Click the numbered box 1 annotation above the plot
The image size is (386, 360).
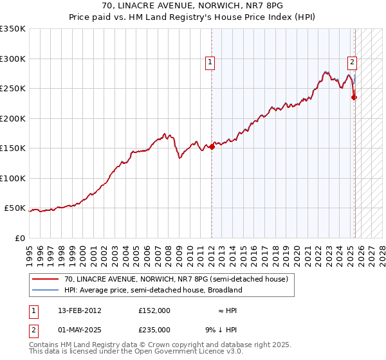210,62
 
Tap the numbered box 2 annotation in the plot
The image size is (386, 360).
353,62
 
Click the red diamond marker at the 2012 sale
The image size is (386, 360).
212,147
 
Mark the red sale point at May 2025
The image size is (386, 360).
354,98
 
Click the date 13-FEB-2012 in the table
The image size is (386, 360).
80,310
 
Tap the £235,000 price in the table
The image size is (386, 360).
154,330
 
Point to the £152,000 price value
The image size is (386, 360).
154,310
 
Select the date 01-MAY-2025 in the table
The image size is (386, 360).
80,330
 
